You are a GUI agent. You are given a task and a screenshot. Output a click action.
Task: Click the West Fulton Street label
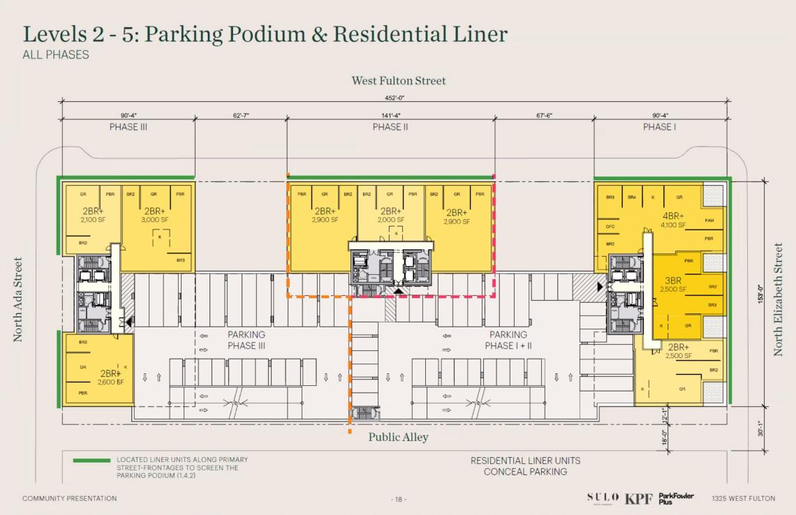[398, 81]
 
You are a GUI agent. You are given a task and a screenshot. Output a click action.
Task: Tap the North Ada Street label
[19, 300]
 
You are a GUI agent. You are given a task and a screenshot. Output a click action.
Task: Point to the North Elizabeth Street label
[778, 299]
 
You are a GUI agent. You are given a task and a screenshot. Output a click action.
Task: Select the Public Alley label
[398, 437]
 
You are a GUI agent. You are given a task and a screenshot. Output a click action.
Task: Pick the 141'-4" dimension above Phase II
[390, 115]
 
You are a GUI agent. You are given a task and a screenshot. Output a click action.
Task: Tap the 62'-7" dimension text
[240, 115]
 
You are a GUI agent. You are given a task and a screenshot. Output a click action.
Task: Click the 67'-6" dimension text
[545, 115]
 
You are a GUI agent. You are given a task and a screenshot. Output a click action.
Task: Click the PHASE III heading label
[128, 127]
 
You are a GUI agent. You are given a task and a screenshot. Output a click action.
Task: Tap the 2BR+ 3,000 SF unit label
[154, 215]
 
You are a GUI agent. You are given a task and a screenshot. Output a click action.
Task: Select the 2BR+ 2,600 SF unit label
[111, 377]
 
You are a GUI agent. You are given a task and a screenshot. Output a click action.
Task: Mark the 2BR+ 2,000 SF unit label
[390, 215]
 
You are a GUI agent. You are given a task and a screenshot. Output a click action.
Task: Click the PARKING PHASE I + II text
[508, 340]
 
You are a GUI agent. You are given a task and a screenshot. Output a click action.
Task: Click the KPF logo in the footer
[639, 498]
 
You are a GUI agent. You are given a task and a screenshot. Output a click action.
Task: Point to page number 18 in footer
[398, 499]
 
